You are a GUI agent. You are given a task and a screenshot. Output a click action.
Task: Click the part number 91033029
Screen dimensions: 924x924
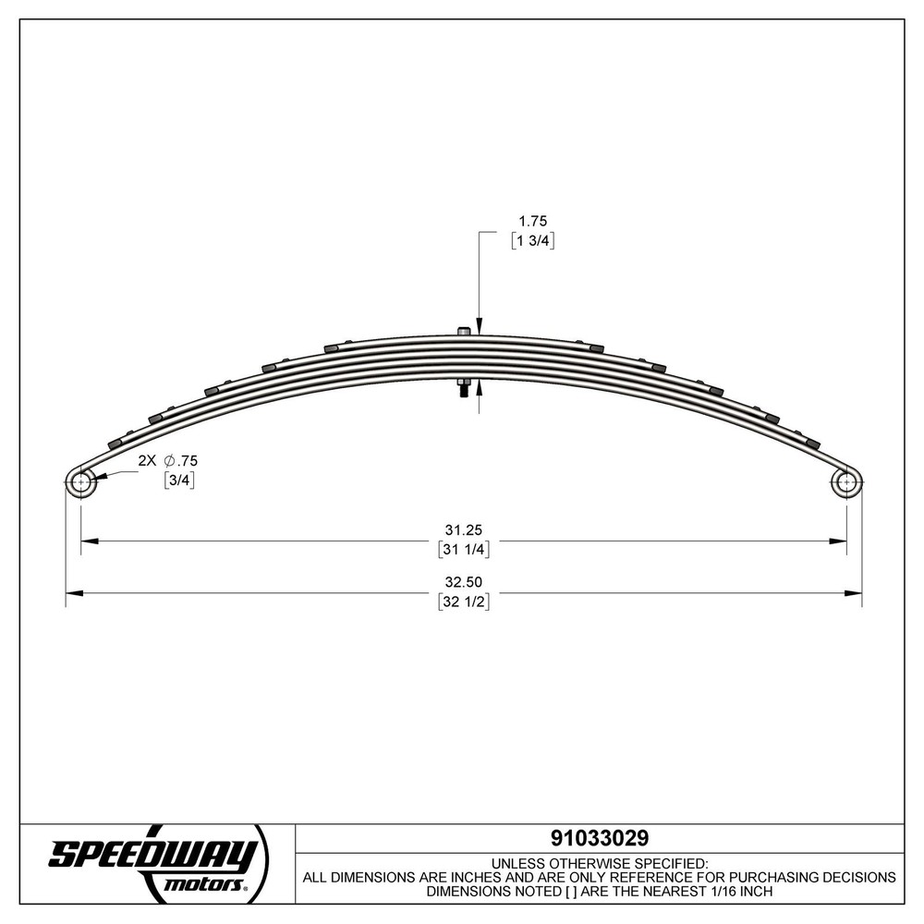pos(599,837)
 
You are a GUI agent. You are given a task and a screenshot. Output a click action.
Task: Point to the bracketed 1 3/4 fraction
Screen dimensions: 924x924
pos(530,240)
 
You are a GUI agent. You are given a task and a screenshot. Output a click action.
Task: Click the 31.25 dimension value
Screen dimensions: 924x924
pos(465,530)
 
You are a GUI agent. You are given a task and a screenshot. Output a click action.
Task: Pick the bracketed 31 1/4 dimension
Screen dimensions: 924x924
pos(465,549)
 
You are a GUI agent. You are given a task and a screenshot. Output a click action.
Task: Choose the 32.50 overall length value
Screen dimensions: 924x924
pos(465,583)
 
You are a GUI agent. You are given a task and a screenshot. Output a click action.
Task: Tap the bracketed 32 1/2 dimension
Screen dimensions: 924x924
pos(465,602)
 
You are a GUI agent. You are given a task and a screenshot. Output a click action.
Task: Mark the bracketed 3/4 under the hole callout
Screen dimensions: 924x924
pos(179,480)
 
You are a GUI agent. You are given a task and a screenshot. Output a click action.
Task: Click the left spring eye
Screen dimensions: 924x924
pos(81,481)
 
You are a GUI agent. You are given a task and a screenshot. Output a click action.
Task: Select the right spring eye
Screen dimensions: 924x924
pos(845,481)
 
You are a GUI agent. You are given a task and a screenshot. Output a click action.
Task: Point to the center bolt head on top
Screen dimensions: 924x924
pos(463,331)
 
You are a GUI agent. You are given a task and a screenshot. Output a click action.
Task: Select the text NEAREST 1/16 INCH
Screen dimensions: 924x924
pos(702,892)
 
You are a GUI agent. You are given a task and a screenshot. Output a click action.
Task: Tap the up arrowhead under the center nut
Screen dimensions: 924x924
pos(479,388)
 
